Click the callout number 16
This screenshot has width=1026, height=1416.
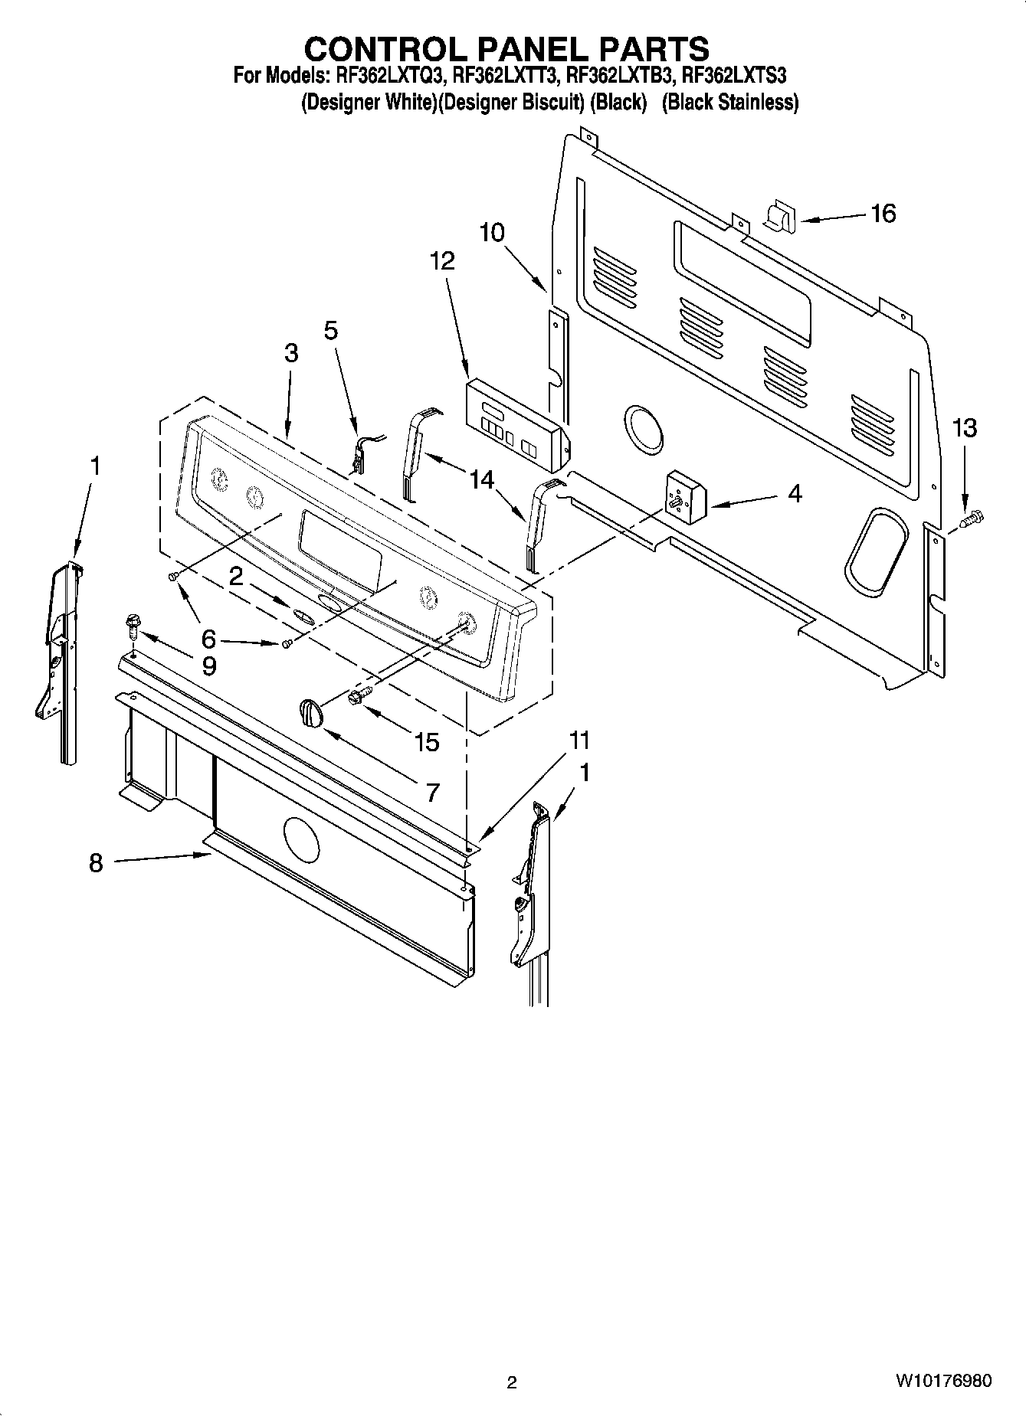pos(883,213)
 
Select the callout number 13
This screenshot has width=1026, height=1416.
pos(964,428)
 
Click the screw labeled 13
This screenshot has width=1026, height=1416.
pos(972,519)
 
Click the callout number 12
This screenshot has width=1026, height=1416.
pos(442,261)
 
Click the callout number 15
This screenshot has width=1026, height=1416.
pos(427,741)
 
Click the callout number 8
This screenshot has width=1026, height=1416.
pos(96,864)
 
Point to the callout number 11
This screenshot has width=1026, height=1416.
pos(579,740)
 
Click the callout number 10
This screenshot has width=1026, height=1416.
pos(492,232)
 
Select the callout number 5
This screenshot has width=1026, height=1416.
pos(330,331)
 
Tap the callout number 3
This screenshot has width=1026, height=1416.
pos(290,353)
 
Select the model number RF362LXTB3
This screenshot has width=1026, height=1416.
pos(620,75)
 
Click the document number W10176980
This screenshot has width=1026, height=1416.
pos(942,1382)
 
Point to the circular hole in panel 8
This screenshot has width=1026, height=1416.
pos(300,839)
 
